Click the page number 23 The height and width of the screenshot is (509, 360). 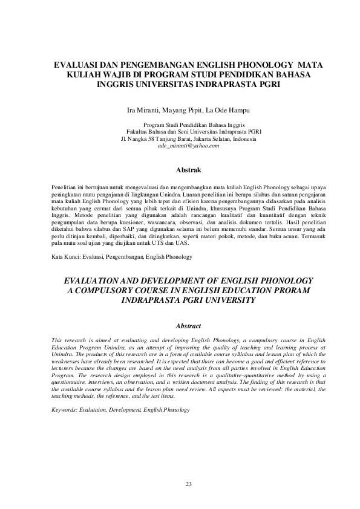pyautogui.click(x=188, y=484)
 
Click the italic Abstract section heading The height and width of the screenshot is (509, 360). pyautogui.click(x=188, y=326)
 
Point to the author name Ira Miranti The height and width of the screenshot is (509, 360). pyautogui.click(x=144, y=111)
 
